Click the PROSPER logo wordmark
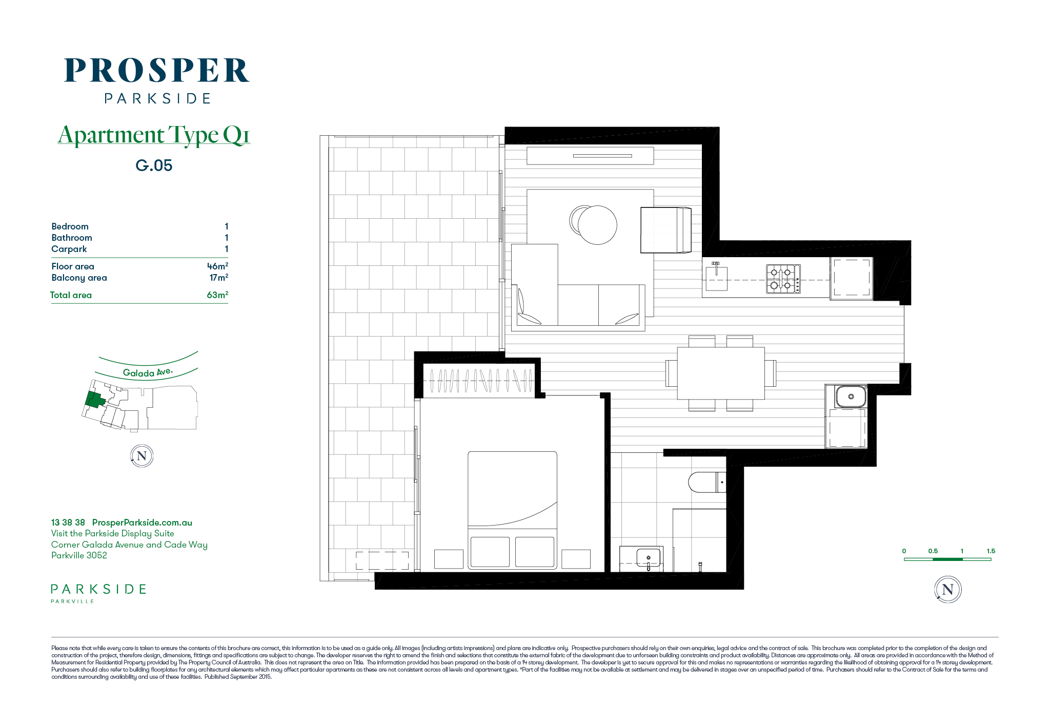tap(157, 70)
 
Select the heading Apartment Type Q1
tap(154, 135)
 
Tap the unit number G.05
tap(154, 165)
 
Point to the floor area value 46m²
tap(217, 266)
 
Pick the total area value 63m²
tap(217, 295)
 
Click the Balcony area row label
tap(79, 278)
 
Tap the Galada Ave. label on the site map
tap(148, 372)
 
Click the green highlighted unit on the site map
tap(94, 400)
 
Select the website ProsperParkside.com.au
tap(142, 523)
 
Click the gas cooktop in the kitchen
tap(783, 279)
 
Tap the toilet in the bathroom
tap(707, 482)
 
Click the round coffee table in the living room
tap(597, 225)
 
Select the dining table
tap(721, 373)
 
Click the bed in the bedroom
tap(512, 510)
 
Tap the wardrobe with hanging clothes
tap(481, 381)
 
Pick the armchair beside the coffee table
tap(665, 230)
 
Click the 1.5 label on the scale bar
tap(991, 551)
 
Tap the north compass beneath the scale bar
tap(947, 590)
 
